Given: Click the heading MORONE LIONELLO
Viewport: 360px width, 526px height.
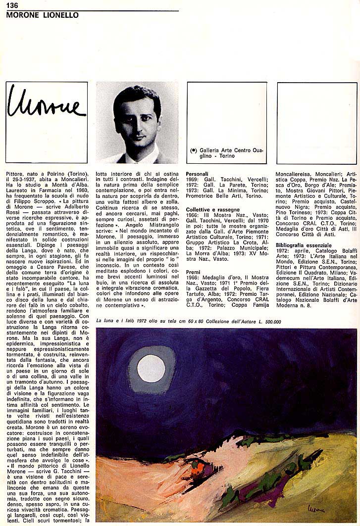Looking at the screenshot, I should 42,15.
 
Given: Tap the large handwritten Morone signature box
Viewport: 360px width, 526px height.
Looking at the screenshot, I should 47,122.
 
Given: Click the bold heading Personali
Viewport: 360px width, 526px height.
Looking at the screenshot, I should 197,174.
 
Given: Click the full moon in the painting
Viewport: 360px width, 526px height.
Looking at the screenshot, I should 151,369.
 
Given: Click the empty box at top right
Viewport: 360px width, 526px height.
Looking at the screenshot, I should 316,122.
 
